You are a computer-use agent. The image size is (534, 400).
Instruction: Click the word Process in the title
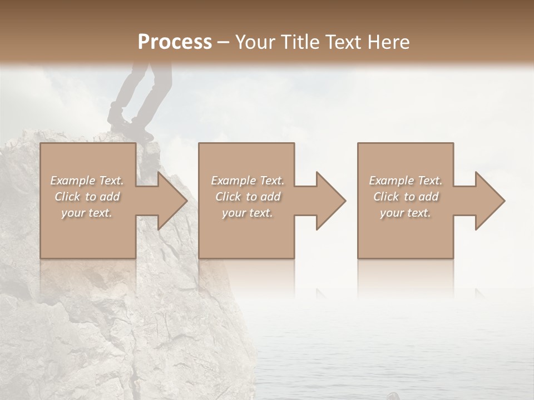175,42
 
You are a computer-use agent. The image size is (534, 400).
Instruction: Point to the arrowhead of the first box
172,201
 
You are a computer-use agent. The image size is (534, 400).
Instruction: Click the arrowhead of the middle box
331,201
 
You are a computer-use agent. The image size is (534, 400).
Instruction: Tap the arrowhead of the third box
490,201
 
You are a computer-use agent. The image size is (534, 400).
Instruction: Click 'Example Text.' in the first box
87,181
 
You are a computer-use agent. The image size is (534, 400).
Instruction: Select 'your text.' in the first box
87,213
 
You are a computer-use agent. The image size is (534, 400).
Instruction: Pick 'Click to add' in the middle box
248,197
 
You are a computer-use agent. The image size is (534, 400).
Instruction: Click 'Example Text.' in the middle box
248,181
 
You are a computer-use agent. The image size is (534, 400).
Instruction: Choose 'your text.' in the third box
406,213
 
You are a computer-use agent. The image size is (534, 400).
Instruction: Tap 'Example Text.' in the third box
406,181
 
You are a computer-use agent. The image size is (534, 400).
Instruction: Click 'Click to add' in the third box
406,197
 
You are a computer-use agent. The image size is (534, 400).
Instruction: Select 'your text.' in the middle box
248,213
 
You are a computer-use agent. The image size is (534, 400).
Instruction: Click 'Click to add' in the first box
87,197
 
